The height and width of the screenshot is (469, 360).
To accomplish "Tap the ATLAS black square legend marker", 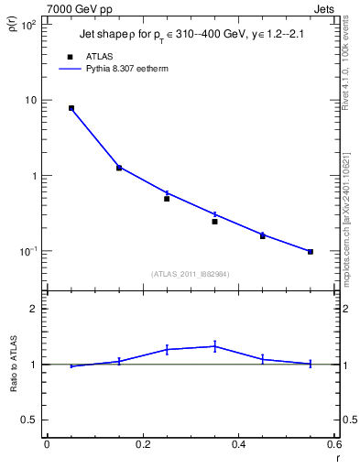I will pyautogui.click(x=71, y=56).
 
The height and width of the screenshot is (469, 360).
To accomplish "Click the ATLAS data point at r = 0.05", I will pyautogui.click(x=71, y=108).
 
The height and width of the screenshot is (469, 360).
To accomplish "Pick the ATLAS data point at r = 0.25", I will pyautogui.click(x=167, y=198).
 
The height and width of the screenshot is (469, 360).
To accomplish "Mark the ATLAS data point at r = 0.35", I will pyautogui.click(x=214, y=221).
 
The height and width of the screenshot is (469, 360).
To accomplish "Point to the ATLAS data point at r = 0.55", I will pyautogui.click(x=311, y=251).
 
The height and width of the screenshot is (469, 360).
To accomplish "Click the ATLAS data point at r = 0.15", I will pyautogui.click(x=119, y=168).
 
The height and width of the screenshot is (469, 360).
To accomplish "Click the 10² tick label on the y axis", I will pyautogui.click(x=28, y=25).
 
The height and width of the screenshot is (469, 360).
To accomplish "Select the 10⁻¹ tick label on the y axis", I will pyautogui.click(x=28, y=250).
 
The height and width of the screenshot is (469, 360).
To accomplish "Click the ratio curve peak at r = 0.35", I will pyautogui.click(x=214, y=346).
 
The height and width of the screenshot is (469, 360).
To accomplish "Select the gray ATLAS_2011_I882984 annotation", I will pyautogui.click(x=191, y=273).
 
